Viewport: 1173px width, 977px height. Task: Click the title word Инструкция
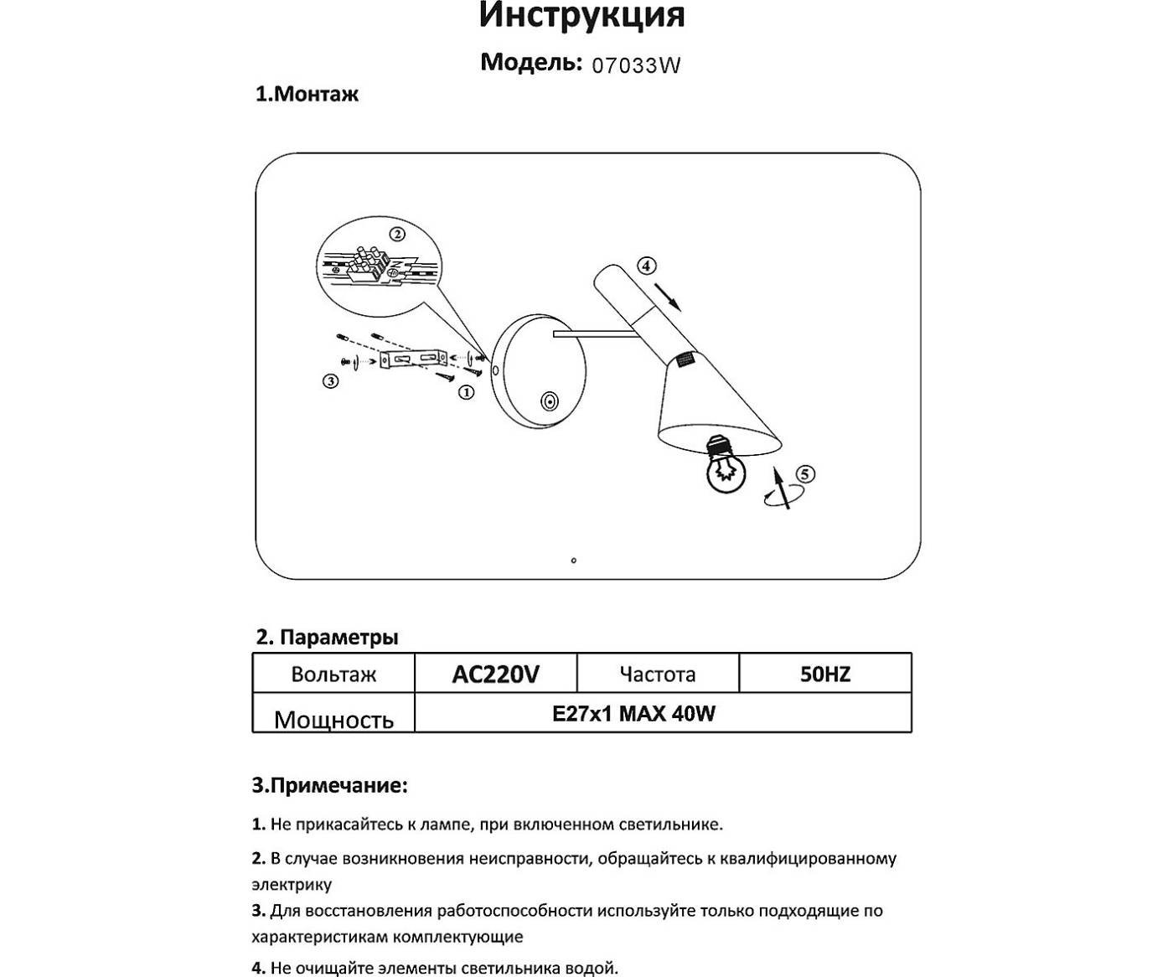(581, 16)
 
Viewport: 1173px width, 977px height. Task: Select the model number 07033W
(636, 65)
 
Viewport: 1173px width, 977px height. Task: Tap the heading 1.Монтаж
(307, 94)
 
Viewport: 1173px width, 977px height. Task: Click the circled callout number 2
(397, 234)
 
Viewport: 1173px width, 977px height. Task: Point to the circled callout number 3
(330, 381)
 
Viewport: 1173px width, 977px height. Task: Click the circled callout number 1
(466, 391)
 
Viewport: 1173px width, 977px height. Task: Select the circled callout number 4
(645, 266)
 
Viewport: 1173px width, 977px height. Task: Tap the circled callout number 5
(804, 474)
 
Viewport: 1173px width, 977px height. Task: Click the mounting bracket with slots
(415, 359)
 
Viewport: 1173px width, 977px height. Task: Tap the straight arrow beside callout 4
(668, 296)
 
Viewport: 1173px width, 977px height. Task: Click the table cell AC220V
(495, 675)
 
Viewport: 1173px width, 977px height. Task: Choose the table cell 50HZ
(825, 675)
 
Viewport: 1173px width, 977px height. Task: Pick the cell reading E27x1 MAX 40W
(633, 714)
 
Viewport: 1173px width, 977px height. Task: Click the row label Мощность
(333, 720)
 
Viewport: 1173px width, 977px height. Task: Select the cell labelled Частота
(658, 675)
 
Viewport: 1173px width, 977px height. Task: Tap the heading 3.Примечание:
(330, 786)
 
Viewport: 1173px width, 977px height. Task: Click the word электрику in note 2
(292, 885)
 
